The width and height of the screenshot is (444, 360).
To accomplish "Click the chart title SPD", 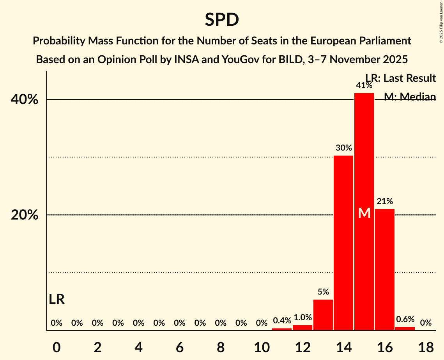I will point(222,19).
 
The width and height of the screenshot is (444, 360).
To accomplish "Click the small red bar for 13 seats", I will point(323,315).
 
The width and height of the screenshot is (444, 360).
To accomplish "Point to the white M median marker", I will point(364,213).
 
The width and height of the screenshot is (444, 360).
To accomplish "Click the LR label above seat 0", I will point(57,299).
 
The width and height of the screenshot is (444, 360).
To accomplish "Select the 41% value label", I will point(364,85).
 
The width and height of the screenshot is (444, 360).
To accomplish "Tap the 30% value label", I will point(343,148).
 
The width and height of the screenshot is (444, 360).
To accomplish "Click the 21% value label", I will point(385,201).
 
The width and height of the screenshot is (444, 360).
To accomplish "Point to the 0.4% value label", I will point(282,321).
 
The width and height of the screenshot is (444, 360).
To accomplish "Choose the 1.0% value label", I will point(302,318).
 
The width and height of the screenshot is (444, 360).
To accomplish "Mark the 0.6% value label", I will point(405,319).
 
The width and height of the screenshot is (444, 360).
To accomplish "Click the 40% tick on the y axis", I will point(25,100).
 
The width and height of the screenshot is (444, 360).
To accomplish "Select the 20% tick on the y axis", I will point(25,215).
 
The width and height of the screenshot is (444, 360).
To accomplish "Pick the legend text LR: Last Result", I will point(400,78).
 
